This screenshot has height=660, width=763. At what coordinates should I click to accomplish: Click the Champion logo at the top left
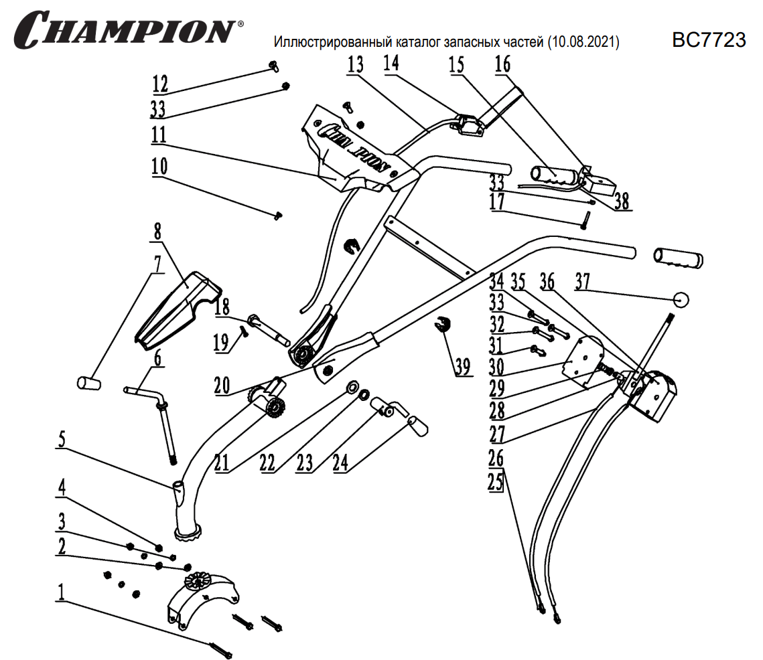pyautogui.click(x=127, y=28)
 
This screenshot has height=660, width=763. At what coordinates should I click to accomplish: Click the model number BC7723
pyautogui.click(x=709, y=40)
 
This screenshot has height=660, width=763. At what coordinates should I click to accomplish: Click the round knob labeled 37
pyautogui.click(x=681, y=299)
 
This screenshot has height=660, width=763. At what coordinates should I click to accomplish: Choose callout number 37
pyautogui.click(x=582, y=283)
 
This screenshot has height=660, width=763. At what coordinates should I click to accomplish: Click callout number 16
pyautogui.click(x=502, y=64)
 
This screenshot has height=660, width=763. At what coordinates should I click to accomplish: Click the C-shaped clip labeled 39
pyautogui.click(x=443, y=325)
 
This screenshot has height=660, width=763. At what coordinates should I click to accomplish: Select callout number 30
pyautogui.click(x=496, y=366)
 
